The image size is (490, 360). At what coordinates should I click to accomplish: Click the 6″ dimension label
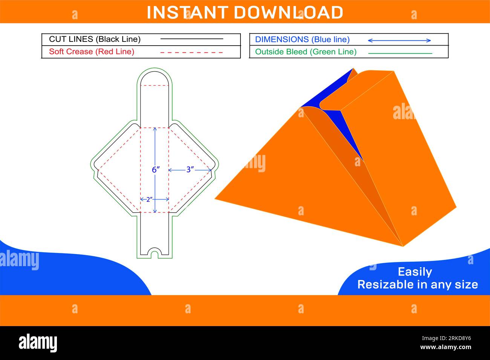point(156,170)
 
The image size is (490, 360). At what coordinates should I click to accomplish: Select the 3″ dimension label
point(190,170)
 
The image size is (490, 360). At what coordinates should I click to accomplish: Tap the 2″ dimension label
point(149,199)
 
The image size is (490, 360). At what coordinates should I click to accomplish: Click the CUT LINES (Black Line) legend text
point(95,39)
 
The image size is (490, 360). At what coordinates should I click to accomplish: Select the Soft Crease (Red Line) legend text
point(92,52)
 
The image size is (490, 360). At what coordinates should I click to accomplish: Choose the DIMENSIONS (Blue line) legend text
point(302,39)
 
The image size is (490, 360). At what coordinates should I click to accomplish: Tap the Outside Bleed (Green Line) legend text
point(306,52)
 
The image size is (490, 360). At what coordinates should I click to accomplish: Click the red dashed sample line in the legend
point(191,52)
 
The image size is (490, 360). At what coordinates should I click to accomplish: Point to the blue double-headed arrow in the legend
point(400,40)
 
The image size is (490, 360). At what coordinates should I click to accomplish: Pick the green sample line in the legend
point(400,54)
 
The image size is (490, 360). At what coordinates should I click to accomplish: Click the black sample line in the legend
point(191,39)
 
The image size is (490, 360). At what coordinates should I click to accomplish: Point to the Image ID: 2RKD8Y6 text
point(447,338)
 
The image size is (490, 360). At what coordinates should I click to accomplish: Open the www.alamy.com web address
point(446,347)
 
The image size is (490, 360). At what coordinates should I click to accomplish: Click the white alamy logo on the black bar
point(38,343)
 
